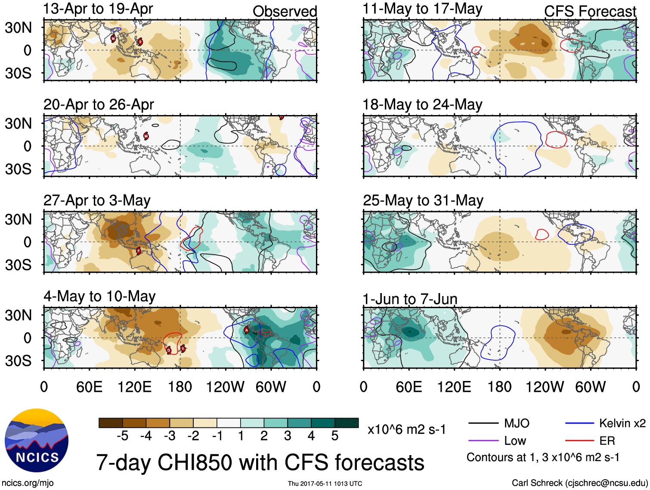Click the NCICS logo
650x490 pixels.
[x=37, y=440]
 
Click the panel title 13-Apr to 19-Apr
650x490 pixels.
[x=98, y=9]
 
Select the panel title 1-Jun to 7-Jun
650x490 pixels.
[x=410, y=299]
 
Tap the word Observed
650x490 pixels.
[x=285, y=11]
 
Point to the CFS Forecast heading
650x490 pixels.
[x=590, y=11]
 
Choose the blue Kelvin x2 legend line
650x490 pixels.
[x=579, y=423]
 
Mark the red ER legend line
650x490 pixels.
[x=579, y=440]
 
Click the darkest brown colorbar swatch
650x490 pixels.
[x=111, y=423]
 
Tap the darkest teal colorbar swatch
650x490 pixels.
[x=347, y=423]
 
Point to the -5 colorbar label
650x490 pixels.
[x=122, y=436]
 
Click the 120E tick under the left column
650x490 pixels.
[x=134, y=387]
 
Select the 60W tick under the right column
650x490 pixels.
[x=590, y=387]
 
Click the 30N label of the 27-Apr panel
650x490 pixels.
[x=18, y=219]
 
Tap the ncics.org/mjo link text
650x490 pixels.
[x=28, y=483]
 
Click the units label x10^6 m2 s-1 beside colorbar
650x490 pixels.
[x=406, y=429]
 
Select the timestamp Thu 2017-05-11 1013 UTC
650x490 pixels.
[x=325, y=484]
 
